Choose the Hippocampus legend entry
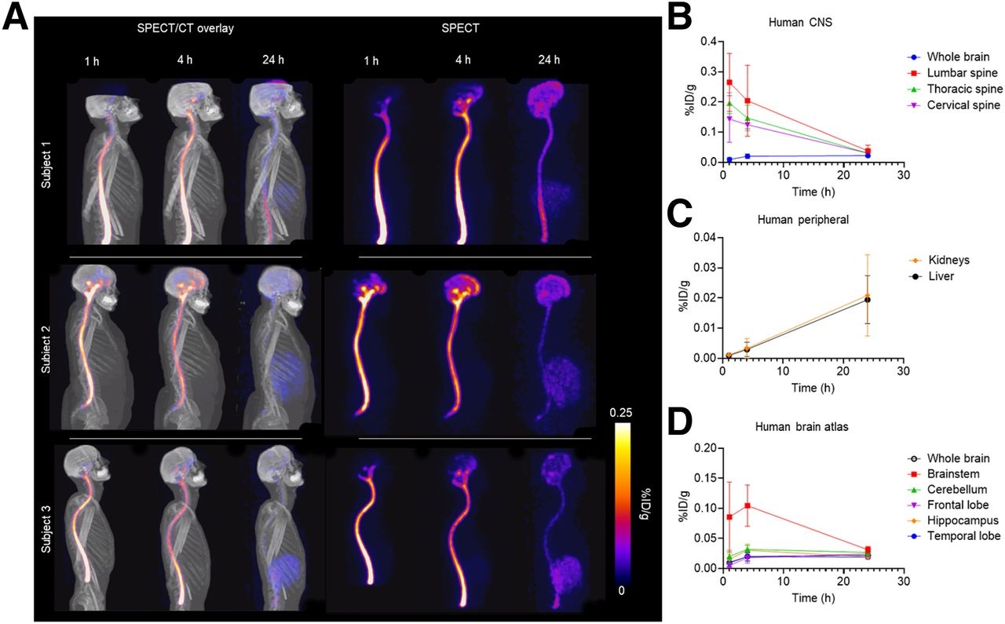click(963, 520)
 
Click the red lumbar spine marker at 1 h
click(729, 82)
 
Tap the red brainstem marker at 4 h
click(747, 505)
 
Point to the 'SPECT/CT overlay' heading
click(183, 28)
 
